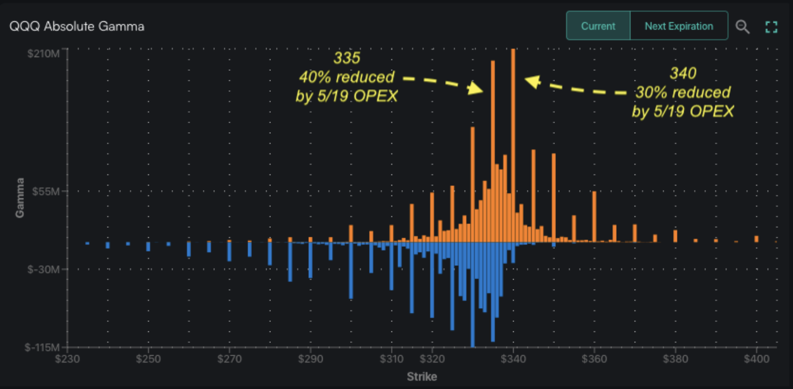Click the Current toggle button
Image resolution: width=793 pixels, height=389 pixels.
tap(598, 26)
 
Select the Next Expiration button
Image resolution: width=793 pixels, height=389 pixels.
tap(678, 26)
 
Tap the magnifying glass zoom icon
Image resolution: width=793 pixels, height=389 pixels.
tap(742, 27)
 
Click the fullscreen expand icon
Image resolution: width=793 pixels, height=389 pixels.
tap(771, 27)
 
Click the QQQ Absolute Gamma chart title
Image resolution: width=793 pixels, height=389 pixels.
tap(77, 26)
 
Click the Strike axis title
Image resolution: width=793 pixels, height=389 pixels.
tap(422, 377)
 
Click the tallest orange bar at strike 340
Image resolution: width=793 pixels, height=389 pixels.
tap(513, 148)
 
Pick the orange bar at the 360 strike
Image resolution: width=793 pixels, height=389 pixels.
tap(594, 217)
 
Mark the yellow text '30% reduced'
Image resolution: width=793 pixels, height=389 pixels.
tap(683, 92)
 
